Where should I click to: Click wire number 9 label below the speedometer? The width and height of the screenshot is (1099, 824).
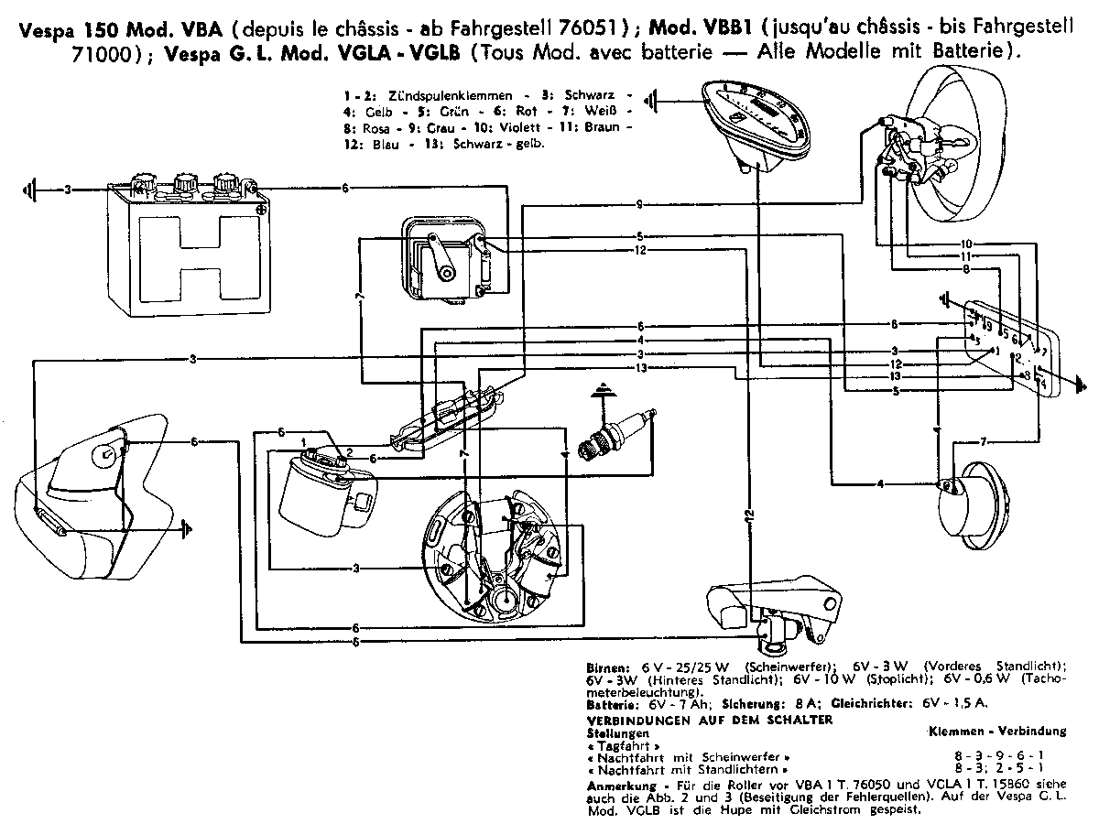[640, 203]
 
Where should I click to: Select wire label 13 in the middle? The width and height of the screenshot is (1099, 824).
[640, 367]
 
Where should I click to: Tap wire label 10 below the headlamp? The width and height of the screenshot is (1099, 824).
[966, 244]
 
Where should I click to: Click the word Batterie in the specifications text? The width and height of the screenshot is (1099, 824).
[609, 704]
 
